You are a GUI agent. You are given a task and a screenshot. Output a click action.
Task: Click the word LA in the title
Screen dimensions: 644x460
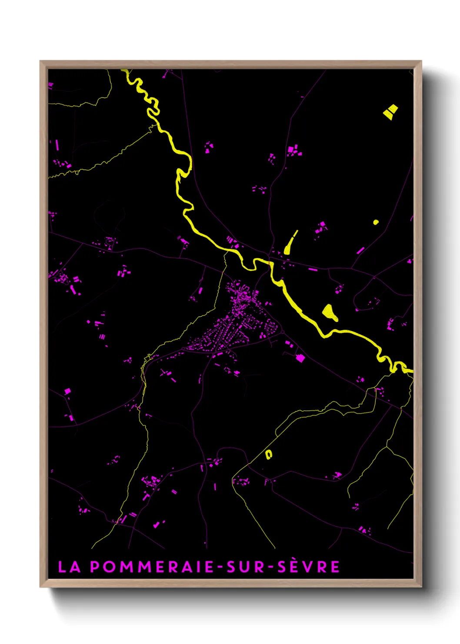(69, 567)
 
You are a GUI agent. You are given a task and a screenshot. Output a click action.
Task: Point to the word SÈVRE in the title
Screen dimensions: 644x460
(308, 567)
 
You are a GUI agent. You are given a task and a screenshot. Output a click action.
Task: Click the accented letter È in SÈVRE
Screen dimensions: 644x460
(296, 567)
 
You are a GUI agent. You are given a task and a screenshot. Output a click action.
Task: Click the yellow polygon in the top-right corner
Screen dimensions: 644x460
(390, 111)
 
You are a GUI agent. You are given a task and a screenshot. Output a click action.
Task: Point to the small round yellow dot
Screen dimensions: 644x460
(376, 222)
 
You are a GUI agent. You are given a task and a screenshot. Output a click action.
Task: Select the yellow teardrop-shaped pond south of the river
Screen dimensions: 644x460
(329, 312)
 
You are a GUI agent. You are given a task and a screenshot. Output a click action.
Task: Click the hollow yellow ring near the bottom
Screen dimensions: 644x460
(269, 455)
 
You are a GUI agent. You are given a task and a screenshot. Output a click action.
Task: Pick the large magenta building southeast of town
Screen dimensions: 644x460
(300, 358)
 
